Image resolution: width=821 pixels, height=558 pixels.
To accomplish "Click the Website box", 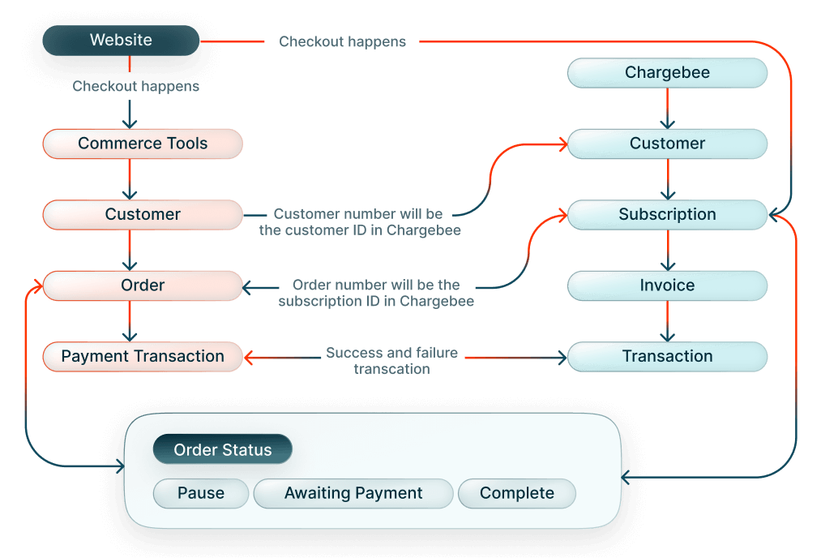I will pyautogui.click(x=121, y=40).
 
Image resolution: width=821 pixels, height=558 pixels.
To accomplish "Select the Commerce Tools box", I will pyautogui.click(x=143, y=144).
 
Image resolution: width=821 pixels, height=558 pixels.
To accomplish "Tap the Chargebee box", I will pyautogui.click(x=667, y=73).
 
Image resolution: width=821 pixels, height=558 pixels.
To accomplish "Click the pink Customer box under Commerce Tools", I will pyautogui.click(x=143, y=215).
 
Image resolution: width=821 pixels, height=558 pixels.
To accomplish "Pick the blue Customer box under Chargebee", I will pyautogui.click(x=667, y=144).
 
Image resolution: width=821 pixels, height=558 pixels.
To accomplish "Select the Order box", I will pyautogui.click(x=143, y=285).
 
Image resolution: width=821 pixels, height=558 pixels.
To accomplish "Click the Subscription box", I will pyautogui.click(x=667, y=215).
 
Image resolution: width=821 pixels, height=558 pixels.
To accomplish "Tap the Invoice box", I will pyautogui.click(x=667, y=285).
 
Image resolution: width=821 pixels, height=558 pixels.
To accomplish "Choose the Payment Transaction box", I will pyautogui.click(x=143, y=356).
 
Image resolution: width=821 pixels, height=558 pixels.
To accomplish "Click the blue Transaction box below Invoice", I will pyautogui.click(x=667, y=356).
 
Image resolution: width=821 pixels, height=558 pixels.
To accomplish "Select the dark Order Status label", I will pyautogui.click(x=223, y=450).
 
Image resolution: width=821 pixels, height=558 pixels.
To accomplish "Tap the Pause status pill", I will pyautogui.click(x=201, y=493).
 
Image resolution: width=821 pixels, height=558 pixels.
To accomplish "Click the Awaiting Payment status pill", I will pyautogui.click(x=353, y=493).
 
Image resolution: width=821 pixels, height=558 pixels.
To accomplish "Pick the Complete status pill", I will pyautogui.click(x=517, y=493).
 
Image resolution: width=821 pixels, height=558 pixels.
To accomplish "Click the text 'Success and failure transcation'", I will pyautogui.click(x=391, y=360).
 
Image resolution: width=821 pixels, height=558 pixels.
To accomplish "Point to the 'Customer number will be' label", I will pyautogui.click(x=358, y=214).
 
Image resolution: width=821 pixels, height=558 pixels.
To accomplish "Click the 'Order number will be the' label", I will pyautogui.click(x=376, y=285).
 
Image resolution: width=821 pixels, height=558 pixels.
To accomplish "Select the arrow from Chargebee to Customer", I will pyautogui.click(x=667, y=108).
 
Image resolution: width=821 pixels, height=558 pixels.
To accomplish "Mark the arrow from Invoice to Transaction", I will pyautogui.click(x=667, y=321).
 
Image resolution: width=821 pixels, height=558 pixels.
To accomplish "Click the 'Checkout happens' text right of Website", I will pyautogui.click(x=342, y=41).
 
